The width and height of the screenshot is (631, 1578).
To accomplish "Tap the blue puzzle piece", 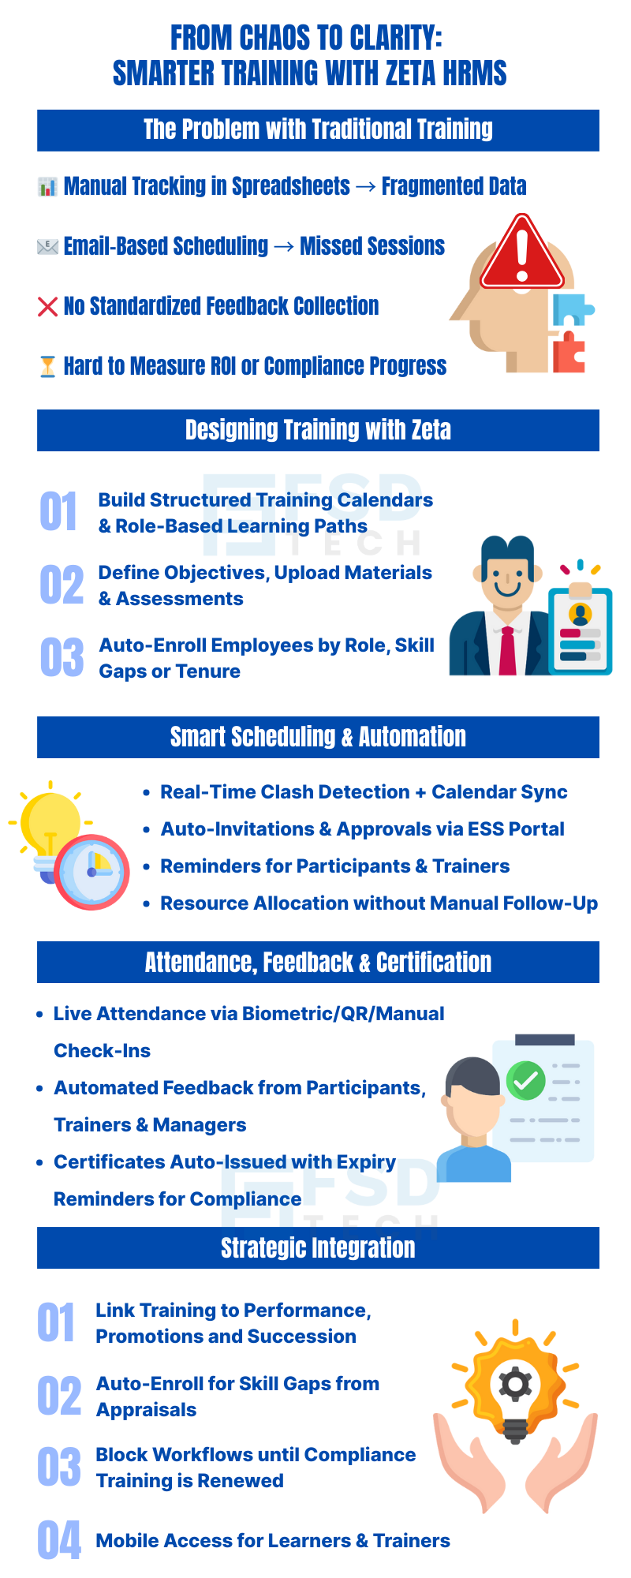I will [x=571, y=309].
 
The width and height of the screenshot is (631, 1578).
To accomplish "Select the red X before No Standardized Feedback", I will [x=48, y=306].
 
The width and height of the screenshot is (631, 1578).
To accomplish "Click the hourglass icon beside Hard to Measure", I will [x=48, y=366].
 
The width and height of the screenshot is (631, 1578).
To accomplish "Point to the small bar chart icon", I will [x=48, y=187].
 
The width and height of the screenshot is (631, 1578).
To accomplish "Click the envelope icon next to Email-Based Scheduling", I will [x=48, y=247].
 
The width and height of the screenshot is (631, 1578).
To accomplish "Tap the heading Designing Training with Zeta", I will [x=318, y=430].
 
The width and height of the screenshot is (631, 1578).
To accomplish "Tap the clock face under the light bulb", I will [x=93, y=873].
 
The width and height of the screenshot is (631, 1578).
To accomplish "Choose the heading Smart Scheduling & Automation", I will [x=318, y=737].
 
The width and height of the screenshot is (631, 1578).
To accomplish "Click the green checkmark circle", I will [x=525, y=1081].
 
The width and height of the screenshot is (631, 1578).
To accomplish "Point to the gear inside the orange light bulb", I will [x=515, y=1383].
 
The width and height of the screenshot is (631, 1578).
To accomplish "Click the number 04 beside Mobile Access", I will [x=59, y=1540].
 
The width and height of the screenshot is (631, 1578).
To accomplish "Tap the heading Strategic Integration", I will [x=318, y=1247].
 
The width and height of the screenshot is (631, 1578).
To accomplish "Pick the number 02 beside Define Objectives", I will [x=62, y=585].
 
